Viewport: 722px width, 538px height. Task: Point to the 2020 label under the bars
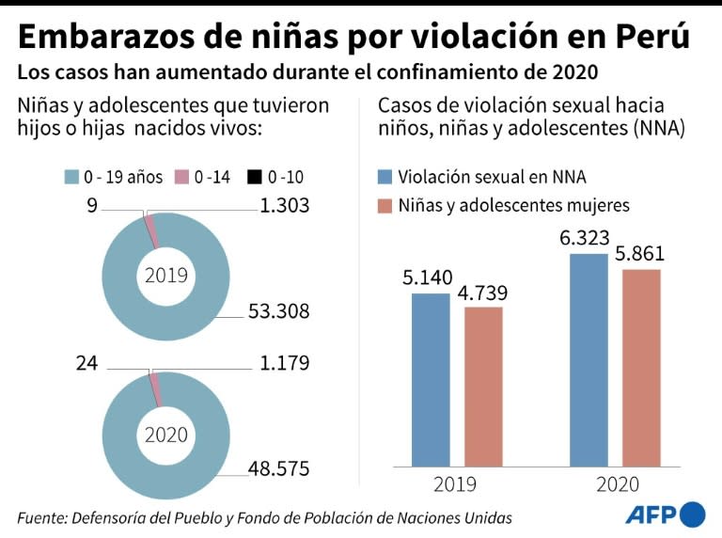click(617, 484)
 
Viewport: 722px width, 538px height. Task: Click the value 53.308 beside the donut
click(278, 311)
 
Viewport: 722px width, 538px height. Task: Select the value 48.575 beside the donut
click(279, 467)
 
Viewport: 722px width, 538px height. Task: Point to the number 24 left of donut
click(86, 362)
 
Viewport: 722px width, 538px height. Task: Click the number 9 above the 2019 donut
click(92, 204)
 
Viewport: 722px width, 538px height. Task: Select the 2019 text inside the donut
click(165, 277)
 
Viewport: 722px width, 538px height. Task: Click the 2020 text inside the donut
click(165, 435)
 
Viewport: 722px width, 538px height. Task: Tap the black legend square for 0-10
click(253, 177)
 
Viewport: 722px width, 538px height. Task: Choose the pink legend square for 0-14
click(182, 177)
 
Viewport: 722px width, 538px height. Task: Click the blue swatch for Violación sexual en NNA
click(384, 177)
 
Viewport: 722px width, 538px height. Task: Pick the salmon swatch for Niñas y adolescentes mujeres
click(384, 205)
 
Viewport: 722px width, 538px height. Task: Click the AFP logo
click(665, 514)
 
